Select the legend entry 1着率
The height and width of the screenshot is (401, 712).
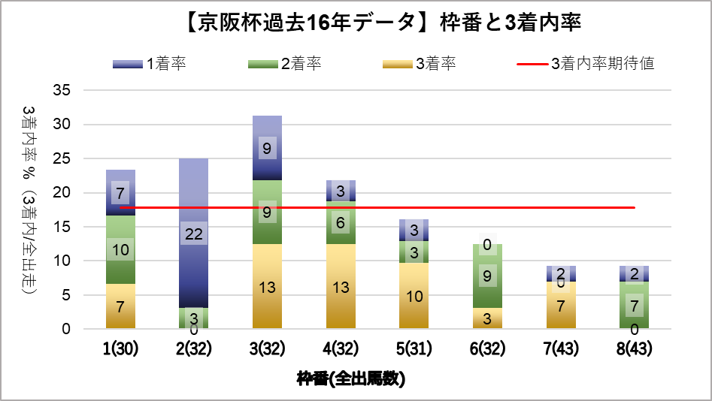[x=150, y=63]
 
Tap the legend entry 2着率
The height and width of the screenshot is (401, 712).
[x=285, y=63]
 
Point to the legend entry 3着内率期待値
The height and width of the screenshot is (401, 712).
[x=586, y=63]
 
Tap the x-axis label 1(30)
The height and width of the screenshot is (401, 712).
[x=120, y=349]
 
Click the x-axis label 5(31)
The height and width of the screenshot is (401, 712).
[x=414, y=349]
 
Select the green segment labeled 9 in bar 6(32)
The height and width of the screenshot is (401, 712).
[x=488, y=276]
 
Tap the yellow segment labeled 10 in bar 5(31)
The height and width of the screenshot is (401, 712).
[x=414, y=295]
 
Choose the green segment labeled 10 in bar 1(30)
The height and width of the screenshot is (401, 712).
[x=120, y=249]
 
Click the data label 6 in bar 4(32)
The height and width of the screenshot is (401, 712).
[x=341, y=222]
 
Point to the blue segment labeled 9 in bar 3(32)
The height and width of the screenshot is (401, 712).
[x=267, y=148]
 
